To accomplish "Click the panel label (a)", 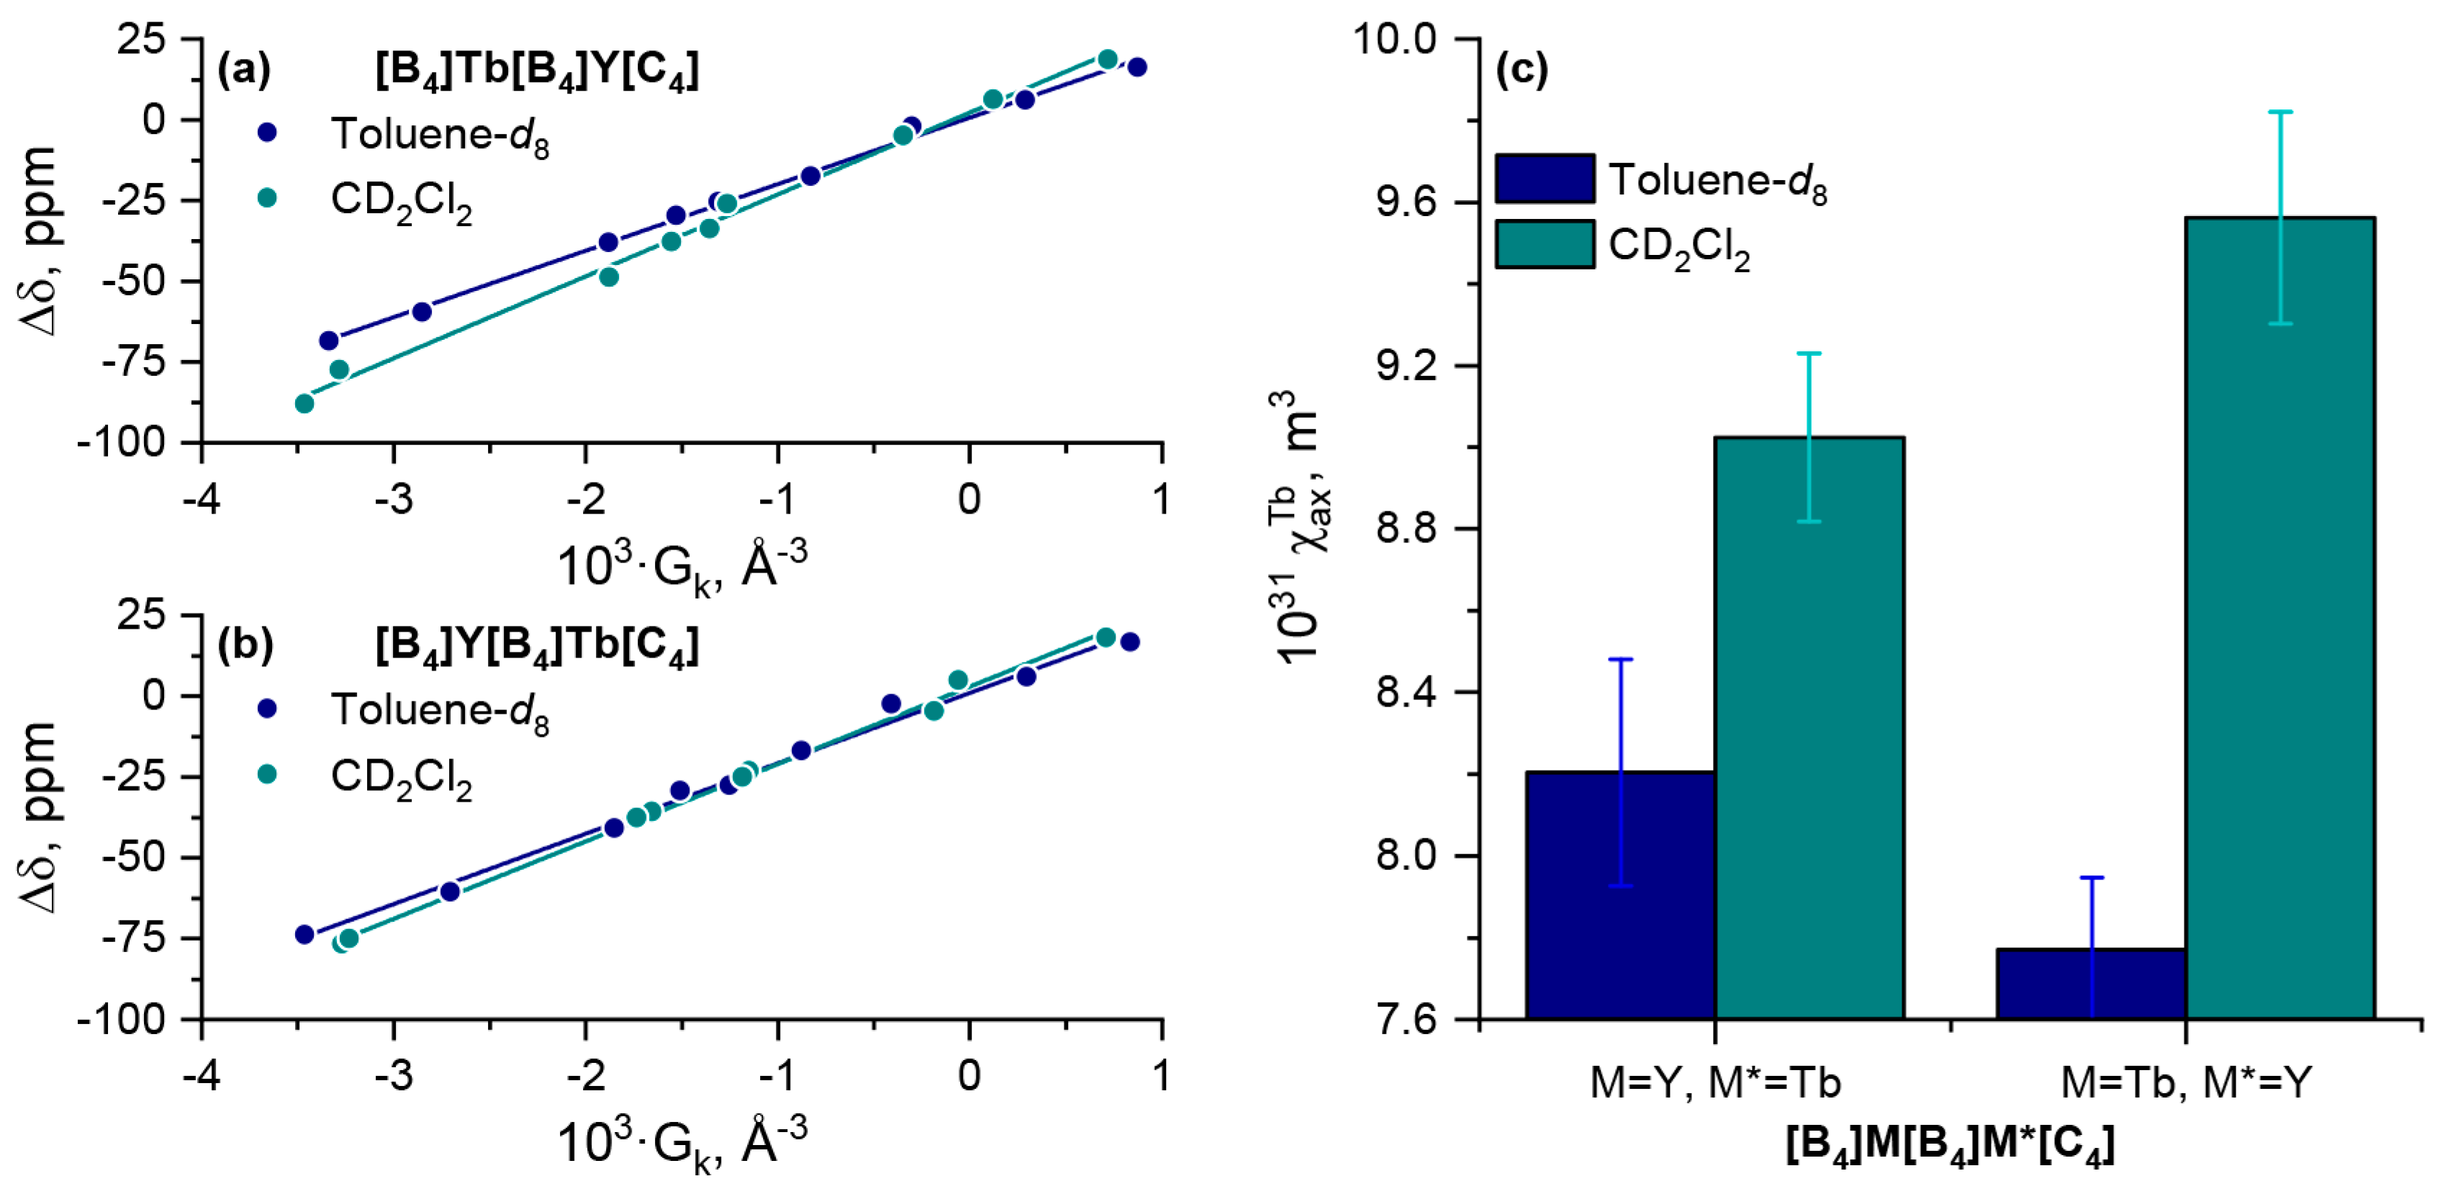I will click(245, 70).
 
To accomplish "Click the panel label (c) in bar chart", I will click(1521, 70).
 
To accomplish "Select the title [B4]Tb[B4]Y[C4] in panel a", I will click(537, 70).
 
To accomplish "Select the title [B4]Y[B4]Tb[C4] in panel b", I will click(537, 646).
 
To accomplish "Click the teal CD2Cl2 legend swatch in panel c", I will click(1545, 244).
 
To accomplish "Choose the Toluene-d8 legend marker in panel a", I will click(267, 133).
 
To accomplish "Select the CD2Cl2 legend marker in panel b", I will click(267, 774).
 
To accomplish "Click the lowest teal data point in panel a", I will click(304, 403).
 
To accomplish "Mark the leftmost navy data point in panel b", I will click(304, 934).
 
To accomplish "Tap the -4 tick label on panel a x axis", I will click(202, 499).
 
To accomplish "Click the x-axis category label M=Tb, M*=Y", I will click(2186, 1082).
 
